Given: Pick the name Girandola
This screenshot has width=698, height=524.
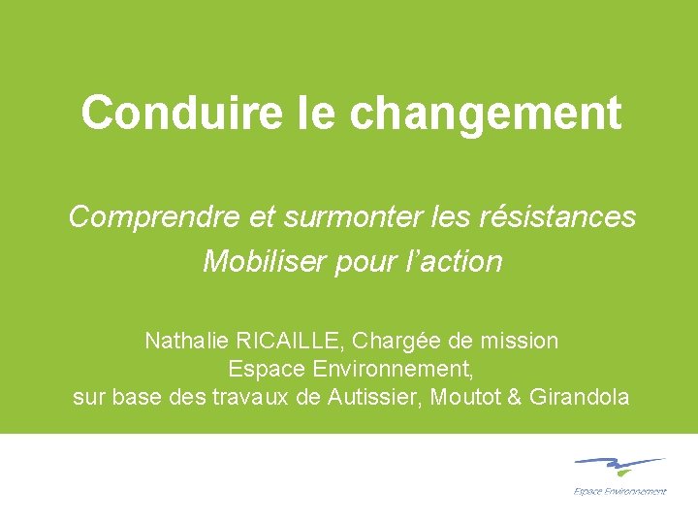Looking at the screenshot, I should pyautogui.click(x=580, y=397).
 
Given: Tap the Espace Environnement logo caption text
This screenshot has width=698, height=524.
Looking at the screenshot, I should pyautogui.click(x=620, y=491).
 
